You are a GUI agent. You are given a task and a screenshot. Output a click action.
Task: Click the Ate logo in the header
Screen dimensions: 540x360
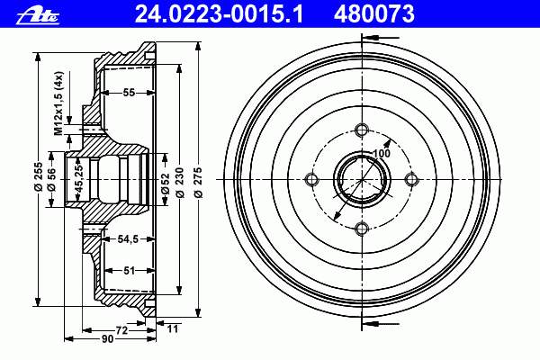click(x=38, y=16)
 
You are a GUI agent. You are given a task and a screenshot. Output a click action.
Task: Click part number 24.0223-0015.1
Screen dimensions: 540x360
click(x=219, y=14)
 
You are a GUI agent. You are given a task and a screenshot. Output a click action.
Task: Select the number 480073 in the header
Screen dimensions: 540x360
click(x=374, y=14)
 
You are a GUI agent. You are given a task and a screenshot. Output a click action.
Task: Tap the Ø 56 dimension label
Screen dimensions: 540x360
click(x=51, y=179)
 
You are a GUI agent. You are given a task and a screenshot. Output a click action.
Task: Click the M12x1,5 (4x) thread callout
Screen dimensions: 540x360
click(x=58, y=103)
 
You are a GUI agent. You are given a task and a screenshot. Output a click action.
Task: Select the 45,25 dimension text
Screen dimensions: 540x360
click(x=79, y=179)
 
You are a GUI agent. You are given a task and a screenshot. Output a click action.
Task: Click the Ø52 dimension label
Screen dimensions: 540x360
click(x=166, y=184)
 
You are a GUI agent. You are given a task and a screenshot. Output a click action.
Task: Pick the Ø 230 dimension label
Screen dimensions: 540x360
click(x=179, y=183)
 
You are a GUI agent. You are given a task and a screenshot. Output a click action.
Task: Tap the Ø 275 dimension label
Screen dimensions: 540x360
click(x=198, y=183)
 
